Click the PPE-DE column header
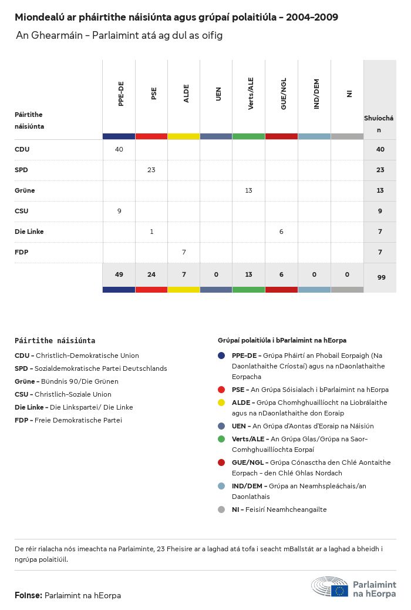point(120,94)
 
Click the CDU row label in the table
point(22,149)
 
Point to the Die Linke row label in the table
point(29,232)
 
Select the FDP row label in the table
point(21,252)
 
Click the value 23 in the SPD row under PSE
point(151,170)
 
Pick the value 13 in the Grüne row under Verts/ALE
point(248,190)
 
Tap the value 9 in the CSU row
point(119,211)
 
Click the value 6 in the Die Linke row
point(281,232)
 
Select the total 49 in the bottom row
point(119,275)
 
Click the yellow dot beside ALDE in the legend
point(221,403)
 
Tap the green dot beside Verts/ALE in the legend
point(221,439)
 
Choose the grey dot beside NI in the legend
point(221,510)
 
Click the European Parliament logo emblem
point(329,587)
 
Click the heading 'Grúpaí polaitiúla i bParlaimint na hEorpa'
point(282,340)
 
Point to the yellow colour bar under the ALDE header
point(184,136)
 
